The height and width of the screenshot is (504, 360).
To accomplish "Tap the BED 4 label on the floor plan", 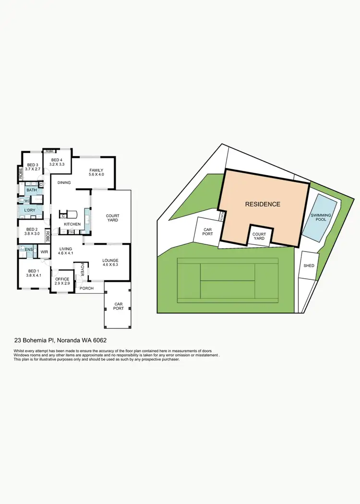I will pos(57,160).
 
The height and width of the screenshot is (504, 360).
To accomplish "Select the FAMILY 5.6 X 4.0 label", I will pos(96,172).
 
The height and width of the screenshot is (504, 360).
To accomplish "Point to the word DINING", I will pos(64,183).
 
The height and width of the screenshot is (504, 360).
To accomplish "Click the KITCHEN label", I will pos(72,224).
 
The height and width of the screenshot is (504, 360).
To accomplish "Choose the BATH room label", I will pos(31,191).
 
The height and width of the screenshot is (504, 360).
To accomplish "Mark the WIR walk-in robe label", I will pos(44,252).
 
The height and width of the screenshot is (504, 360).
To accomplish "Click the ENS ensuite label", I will pos(28,250).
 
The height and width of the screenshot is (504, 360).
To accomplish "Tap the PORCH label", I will pos(86,288).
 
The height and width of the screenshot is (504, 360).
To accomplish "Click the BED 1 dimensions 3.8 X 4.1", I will pos(33,276).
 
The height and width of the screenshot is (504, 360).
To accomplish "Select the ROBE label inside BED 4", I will pos(49,151).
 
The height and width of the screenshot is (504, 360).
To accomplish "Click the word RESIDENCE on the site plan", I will pos(263,204).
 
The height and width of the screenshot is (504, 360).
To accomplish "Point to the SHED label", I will pos(309,265).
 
